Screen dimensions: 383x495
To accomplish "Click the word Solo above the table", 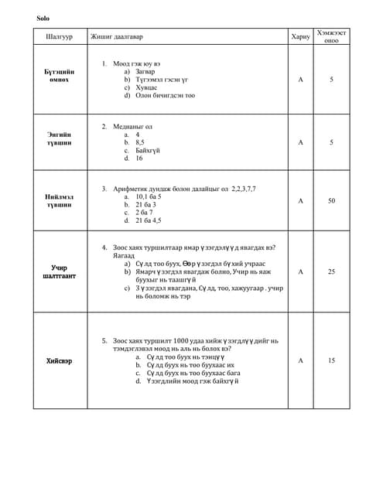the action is (x=42, y=18).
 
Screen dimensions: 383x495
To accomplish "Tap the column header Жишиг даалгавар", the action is (x=116, y=37).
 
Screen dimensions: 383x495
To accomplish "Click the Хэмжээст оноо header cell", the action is (x=332, y=37).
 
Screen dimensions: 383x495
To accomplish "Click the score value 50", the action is (x=332, y=201).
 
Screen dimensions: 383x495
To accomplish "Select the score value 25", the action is (x=332, y=271).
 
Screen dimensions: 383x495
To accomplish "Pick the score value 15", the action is (x=332, y=360).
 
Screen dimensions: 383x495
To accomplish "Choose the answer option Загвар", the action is (x=145, y=71).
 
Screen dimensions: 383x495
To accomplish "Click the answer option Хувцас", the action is (x=146, y=87).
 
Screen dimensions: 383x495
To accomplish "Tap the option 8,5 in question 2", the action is (x=140, y=142).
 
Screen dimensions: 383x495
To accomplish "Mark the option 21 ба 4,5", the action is (x=149, y=220).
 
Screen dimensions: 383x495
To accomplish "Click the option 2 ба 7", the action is (x=144, y=212).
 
